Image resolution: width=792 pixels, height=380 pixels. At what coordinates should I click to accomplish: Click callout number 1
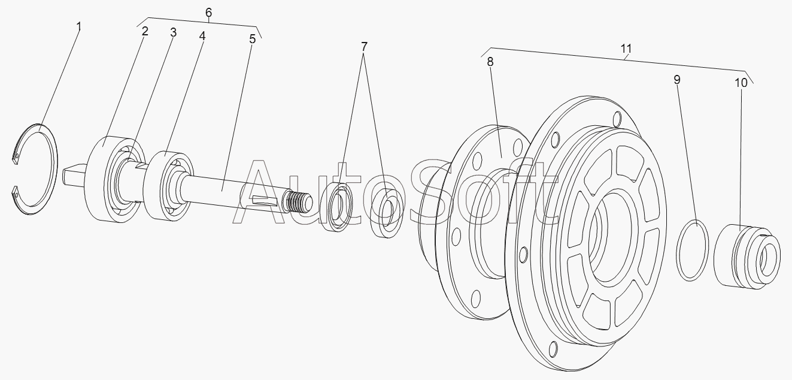(79, 26)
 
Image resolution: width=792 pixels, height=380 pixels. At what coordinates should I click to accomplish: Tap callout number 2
(145, 31)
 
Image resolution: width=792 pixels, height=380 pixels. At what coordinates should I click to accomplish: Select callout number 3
(173, 32)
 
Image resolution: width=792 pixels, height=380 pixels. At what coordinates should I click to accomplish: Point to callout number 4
(202, 36)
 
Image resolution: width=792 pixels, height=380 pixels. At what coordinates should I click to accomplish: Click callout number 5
(252, 39)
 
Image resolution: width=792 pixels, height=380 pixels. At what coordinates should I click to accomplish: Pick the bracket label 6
(208, 13)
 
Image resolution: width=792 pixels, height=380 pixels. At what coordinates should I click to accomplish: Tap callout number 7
(364, 46)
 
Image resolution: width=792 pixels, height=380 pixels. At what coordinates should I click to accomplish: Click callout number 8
(490, 62)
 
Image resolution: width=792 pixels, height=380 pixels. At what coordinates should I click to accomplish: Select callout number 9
(676, 80)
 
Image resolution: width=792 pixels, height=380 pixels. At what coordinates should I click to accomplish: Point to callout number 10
(741, 83)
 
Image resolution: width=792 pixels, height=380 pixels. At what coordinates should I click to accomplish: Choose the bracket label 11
(626, 49)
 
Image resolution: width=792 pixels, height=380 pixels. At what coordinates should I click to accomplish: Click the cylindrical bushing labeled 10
(747, 257)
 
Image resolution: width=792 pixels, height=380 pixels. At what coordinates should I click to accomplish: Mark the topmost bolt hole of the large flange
(617, 120)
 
